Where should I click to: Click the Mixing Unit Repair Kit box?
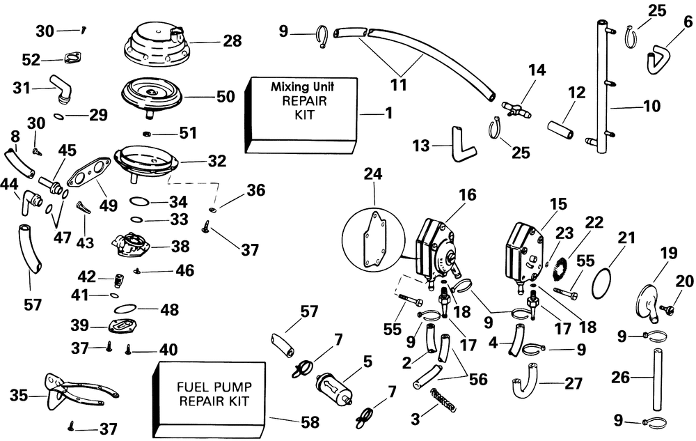click(x=301, y=114)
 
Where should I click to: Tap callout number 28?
click(x=232, y=41)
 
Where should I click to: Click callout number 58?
click(x=310, y=421)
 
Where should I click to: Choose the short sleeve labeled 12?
click(x=560, y=130)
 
